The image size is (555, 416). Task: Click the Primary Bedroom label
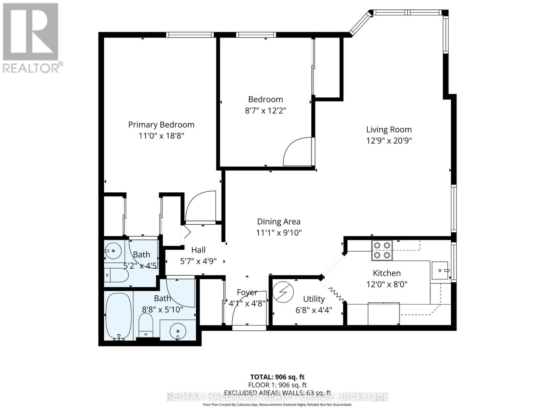tap(161, 124)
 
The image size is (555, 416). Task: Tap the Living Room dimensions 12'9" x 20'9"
tap(389, 140)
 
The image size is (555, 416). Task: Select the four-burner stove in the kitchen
tap(382, 250)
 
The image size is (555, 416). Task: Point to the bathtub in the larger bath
tap(118, 316)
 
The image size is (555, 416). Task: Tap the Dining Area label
tap(279, 222)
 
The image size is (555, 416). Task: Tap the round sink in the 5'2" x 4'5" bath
tap(113, 249)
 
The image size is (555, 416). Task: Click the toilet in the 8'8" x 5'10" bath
tap(146, 324)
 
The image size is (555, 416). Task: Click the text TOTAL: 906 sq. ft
tap(277, 377)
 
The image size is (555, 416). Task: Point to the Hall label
tap(198, 250)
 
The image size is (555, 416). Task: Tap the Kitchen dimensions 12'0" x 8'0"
tap(387, 284)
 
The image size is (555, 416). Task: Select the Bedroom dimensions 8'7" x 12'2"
tap(265, 111)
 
